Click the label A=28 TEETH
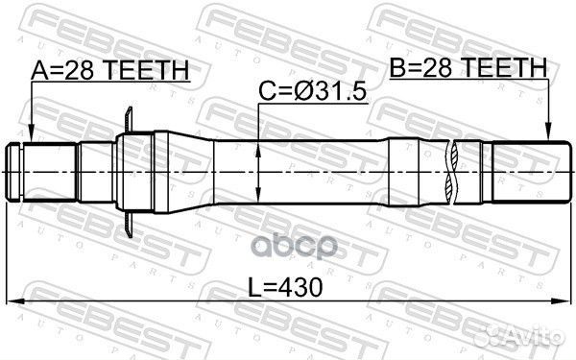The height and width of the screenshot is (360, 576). click(x=110, y=70)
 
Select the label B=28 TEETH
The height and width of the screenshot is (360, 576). click(x=468, y=67)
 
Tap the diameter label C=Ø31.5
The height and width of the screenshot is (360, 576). click(x=313, y=91)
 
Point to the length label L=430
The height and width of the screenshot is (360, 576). click(x=285, y=287)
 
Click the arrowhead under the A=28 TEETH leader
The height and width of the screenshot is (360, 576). click(x=32, y=133)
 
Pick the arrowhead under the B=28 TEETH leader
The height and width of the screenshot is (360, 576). click(x=548, y=132)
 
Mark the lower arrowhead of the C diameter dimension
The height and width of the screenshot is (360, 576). click(x=258, y=194)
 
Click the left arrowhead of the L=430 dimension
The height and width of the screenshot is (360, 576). click(x=15, y=301)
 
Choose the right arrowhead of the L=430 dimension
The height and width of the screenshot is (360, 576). click(x=563, y=301)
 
